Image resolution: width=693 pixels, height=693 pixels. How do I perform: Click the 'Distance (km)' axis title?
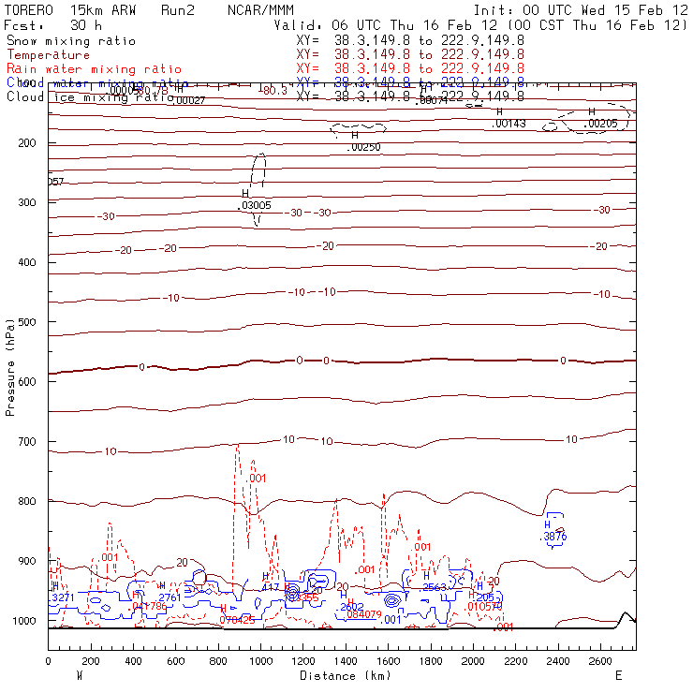click(342, 675)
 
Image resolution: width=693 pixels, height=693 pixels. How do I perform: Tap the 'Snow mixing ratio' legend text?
click(71, 41)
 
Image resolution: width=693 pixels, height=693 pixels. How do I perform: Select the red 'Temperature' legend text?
click(49, 55)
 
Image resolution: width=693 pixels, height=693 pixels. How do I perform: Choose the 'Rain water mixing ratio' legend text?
click(94, 69)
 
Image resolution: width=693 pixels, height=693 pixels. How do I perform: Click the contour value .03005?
click(257, 205)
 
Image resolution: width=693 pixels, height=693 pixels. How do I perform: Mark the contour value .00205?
click(601, 124)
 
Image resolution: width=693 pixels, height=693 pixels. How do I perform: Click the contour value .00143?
click(509, 124)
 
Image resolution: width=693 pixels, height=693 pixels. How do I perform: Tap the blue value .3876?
click(554, 537)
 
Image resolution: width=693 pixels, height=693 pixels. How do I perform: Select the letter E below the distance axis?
click(618, 675)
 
